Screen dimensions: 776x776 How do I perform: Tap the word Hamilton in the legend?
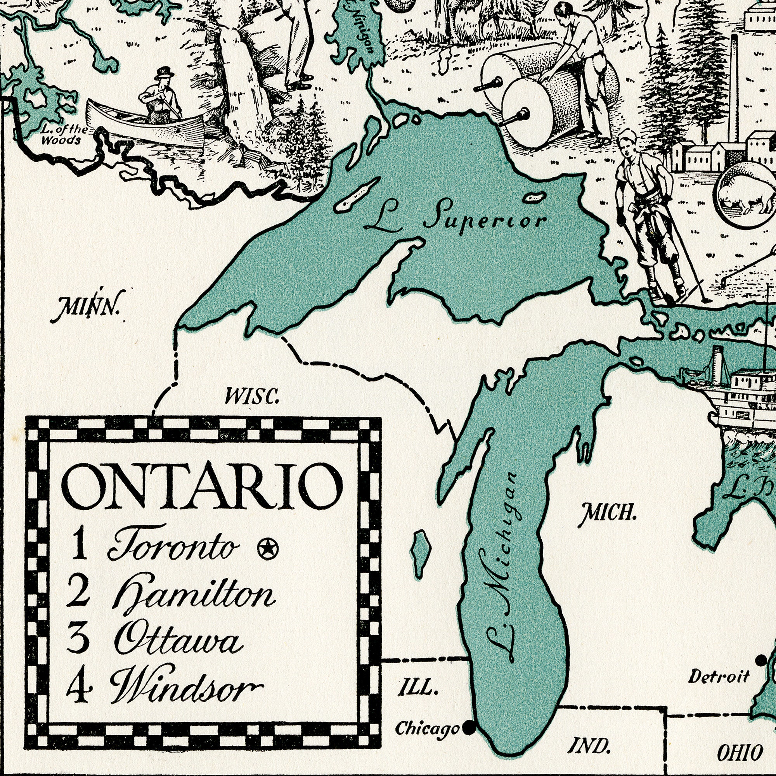pos(195,596)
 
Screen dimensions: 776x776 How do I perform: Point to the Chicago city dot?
pos(468,727)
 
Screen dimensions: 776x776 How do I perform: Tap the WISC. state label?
pos(252,397)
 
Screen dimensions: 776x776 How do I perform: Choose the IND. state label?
pos(590,746)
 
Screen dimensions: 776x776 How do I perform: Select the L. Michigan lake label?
pos(502,570)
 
